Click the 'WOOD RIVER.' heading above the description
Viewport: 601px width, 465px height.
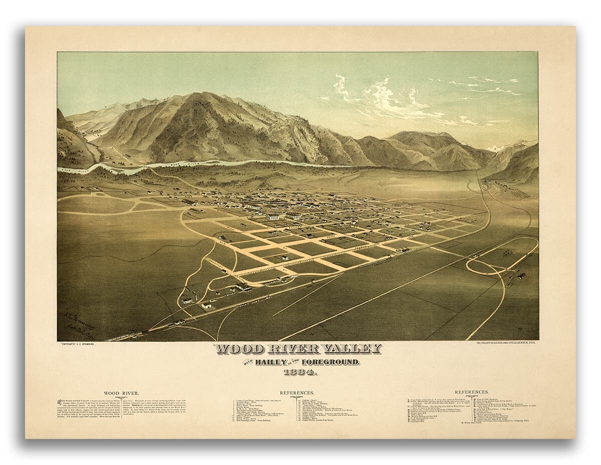(x=118, y=393)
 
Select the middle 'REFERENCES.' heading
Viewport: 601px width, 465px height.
(x=297, y=393)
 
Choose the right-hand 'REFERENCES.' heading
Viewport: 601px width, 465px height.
(x=471, y=392)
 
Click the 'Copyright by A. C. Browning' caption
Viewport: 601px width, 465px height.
(x=80, y=344)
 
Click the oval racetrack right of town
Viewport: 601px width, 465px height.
(x=501, y=257)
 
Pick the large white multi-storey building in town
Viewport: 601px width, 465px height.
(x=273, y=216)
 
